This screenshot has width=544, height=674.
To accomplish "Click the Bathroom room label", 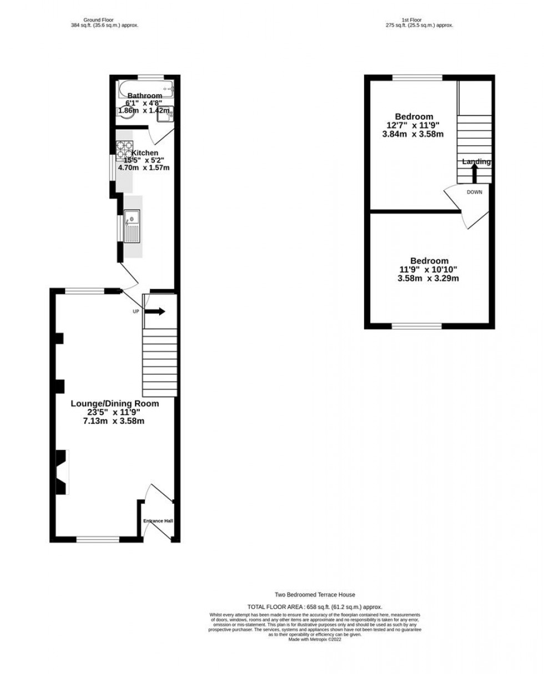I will pyautogui.click(x=145, y=95).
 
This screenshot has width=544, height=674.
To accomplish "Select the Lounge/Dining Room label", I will pyautogui.click(x=114, y=403).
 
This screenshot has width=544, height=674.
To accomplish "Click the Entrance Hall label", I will pyautogui.click(x=158, y=521).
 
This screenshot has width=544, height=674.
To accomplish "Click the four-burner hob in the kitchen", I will pyautogui.click(x=124, y=149).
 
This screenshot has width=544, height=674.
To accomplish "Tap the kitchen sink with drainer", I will pyautogui.click(x=132, y=226).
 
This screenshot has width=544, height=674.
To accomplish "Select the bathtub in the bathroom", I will pyautogui.click(x=146, y=87).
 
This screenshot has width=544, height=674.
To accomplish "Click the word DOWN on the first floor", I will pyautogui.click(x=474, y=192).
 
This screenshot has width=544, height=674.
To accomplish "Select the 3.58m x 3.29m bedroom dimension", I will pyautogui.click(x=429, y=278).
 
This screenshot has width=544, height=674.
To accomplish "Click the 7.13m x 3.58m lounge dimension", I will pyautogui.click(x=114, y=421).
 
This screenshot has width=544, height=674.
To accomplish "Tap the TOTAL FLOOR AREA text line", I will pyautogui.click(x=315, y=607).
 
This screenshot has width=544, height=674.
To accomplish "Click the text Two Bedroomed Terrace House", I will pyautogui.click(x=315, y=595).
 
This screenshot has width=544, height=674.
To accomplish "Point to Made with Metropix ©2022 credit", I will pyautogui.click(x=315, y=639).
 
